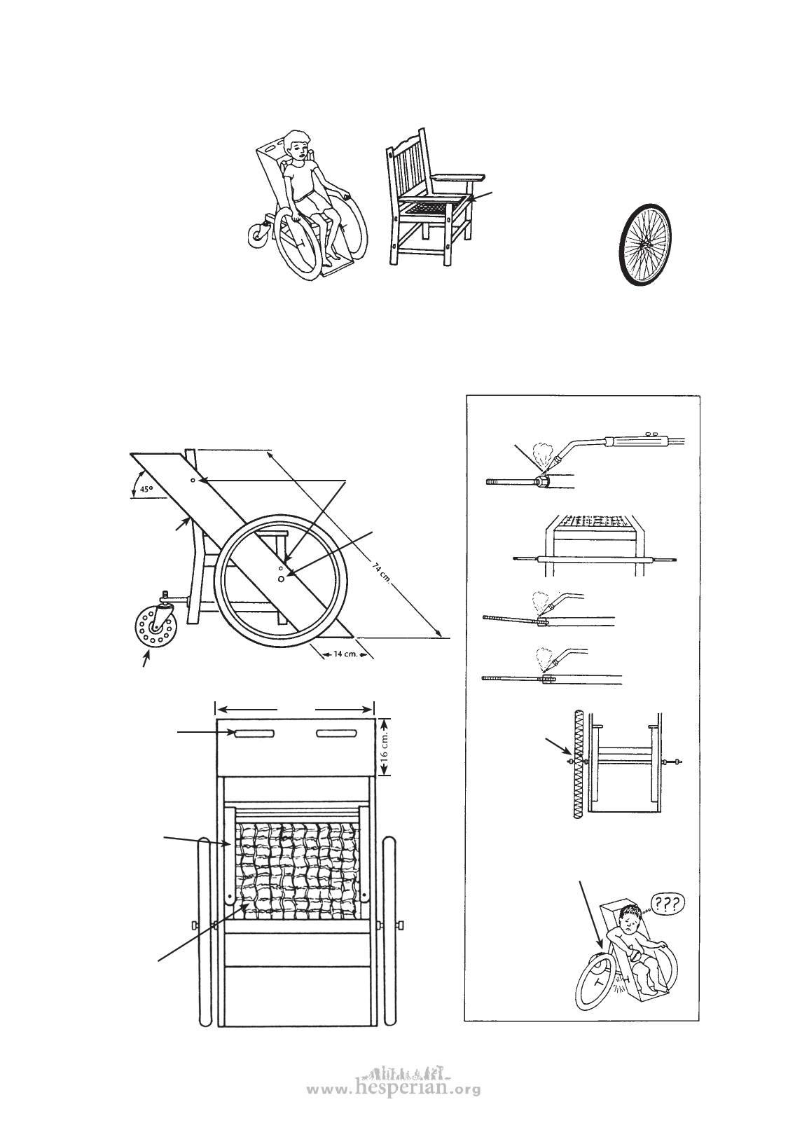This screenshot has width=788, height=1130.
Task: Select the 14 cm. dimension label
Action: click(x=345, y=654)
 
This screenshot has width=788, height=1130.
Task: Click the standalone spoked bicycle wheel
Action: click(x=647, y=244)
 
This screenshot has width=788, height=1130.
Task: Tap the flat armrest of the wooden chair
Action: click(x=458, y=177)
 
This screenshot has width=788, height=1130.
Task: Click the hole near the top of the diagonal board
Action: click(x=193, y=481)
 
